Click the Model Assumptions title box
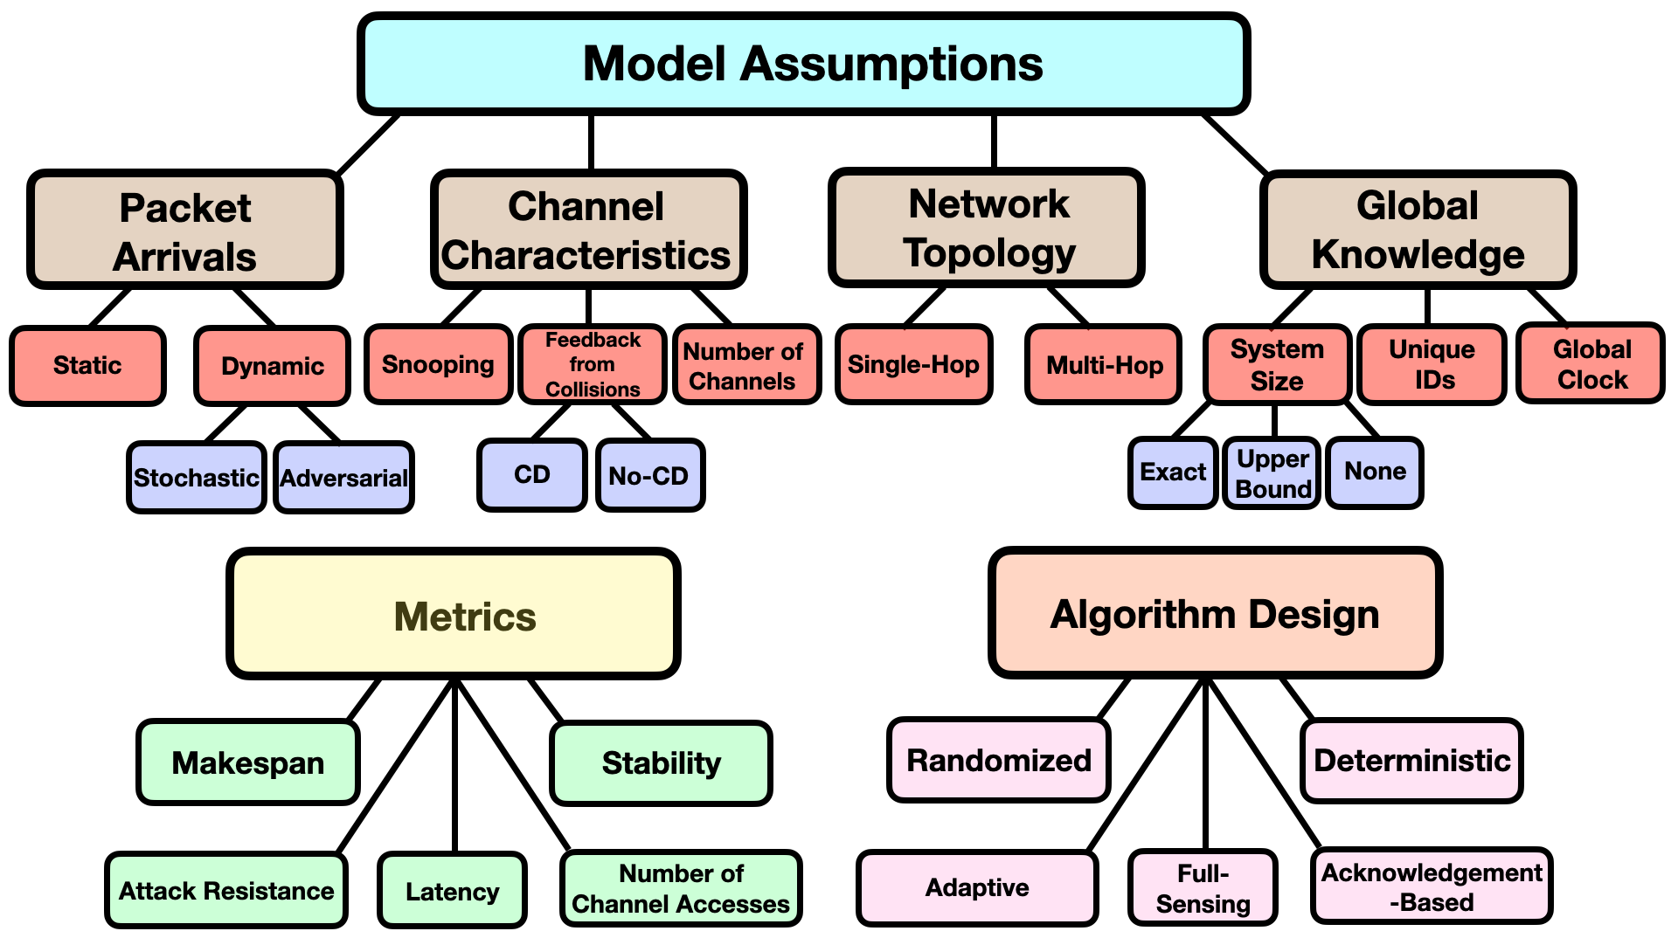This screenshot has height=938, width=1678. pyautogui.click(x=803, y=64)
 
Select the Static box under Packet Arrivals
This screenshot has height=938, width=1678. pyautogui.click(x=87, y=366)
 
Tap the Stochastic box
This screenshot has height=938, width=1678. pyautogui.click(x=197, y=477)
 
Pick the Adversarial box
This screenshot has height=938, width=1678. pyautogui.click(x=343, y=477)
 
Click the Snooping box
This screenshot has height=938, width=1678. pyautogui.click(x=438, y=364)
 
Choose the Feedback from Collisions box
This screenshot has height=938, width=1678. pyautogui.click(x=593, y=364)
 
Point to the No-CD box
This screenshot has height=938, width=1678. pyautogui.click(x=650, y=475)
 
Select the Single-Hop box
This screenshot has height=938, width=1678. pyautogui.click(x=913, y=364)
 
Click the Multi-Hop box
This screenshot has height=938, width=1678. pyautogui.click(x=1104, y=364)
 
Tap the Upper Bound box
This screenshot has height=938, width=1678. pyautogui.click(x=1272, y=472)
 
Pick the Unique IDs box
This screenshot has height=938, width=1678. pyautogui.click(x=1432, y=364)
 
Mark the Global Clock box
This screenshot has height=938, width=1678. pyautogui.click(x=1591, y=363)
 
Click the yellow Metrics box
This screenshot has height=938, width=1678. pyautogui.click(x=454, y=614)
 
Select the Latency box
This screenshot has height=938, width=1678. pyautogui.click(x=453, y=890)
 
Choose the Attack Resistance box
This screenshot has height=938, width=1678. pyautogui.click(x=226, y=890)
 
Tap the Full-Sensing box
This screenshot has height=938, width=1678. pyautogui.click(x=1203, y=887)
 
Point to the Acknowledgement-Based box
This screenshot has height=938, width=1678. pyautogui.click(x=1432, y=886)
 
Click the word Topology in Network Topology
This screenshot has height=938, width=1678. pyautogui.click(x=989, y=253)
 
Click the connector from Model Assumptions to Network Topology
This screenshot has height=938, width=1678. pyautogui.click(x=994, y=141)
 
